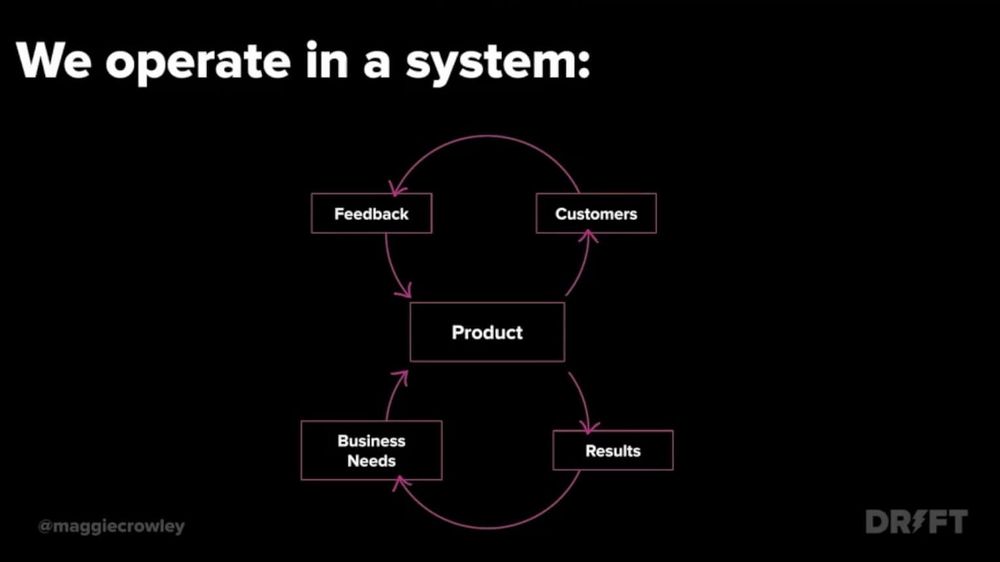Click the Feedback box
pyautogui.click(x=371, y=214)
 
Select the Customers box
pyautogui.click(x=596, y=214)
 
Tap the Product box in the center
pyautogui.click(x=487, y=332)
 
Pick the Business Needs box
pyautogui.click(x=371, y=450)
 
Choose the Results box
pyautogui.click(x=613, y=451)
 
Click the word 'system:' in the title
pyautogui.click(x=497, y=62)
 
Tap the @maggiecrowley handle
pyautogui.click(x=111, y=526)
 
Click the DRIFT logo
pyautogui.click(x=916, y=522)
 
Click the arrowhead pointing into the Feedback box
pyautogui.click(x=398, y=189)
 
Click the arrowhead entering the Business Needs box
pyautogui.click(x=400, y=483)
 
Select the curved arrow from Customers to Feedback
pyautogui.click(x=487, y=138)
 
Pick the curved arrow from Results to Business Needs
pyautogui.click(x=490, y=525)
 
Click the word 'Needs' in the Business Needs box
pyautogui.click(x=371, y=461)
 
